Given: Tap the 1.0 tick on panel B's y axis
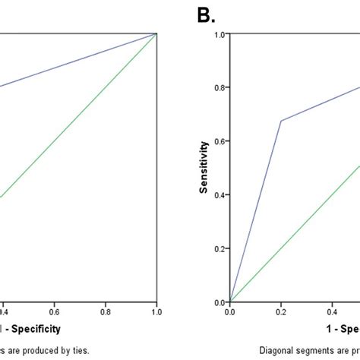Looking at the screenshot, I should click(x=219, y=34).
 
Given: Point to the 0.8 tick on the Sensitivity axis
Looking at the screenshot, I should click(x=219, y=87).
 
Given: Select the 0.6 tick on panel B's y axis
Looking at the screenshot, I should click(x=219, y=141).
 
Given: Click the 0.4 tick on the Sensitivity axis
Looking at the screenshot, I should click(x=219, y=194).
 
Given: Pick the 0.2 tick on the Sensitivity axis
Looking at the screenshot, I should click(x=219, y=248).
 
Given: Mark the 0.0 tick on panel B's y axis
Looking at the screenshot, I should click(x=219, y=302).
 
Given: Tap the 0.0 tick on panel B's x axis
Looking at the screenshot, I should click(x=230, y=311).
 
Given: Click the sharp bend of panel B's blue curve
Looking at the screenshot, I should click(x=282, y=121).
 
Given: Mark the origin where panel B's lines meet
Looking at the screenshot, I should click(x=230, y=302).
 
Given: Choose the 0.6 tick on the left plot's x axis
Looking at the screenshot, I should click(x=54, y=311).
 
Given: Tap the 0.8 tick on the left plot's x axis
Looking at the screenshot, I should click(x=105, y=311).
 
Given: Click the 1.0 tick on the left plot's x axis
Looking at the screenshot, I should click(x=156, y=311).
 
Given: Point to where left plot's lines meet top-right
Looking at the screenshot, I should click(x=156, y=33).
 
